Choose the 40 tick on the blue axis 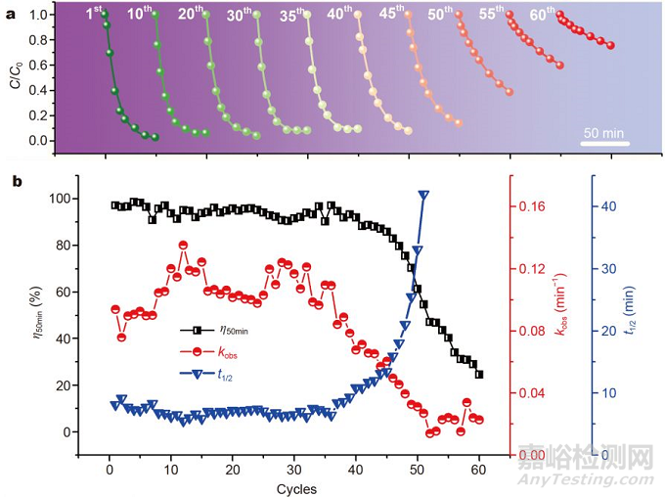tap(605, 206)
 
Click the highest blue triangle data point tap(423, 197)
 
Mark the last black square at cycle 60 tap(479, 375)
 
